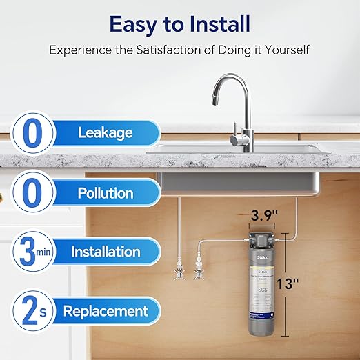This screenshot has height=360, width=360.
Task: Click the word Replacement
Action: pos(106,311)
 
